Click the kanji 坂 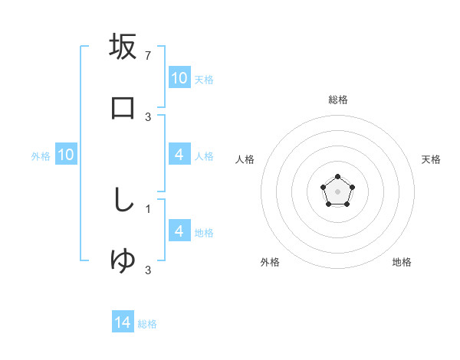[123, 47]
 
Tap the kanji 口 [123, 107]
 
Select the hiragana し [123, 200]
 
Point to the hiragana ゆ [123, 260]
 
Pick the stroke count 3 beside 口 [148, 116]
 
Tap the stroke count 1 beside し [148, 208]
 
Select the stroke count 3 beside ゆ [148, 270]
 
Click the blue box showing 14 [123, 323]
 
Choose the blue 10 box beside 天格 [179, 78]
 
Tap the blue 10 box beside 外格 [66, 155]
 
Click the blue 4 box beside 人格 [179, 155]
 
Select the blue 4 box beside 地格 [179, 231]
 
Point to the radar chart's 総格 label [337, 100]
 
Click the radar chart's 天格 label [431, 159]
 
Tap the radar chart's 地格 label [402, 263]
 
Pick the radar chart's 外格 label [270, 263]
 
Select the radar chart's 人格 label [245, 159]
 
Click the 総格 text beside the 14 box [147, 324]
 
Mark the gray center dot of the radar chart [337, 191]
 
